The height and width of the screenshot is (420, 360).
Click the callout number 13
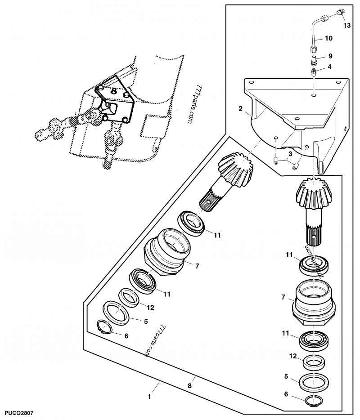pos(346,25)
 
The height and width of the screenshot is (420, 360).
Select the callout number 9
pos(330,56)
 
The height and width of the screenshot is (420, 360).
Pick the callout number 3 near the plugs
pos(291,154)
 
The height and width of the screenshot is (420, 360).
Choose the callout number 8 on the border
pos(190,385)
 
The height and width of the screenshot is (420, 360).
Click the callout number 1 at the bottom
pos(149,397)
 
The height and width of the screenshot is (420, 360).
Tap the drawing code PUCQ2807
pos(18,412)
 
